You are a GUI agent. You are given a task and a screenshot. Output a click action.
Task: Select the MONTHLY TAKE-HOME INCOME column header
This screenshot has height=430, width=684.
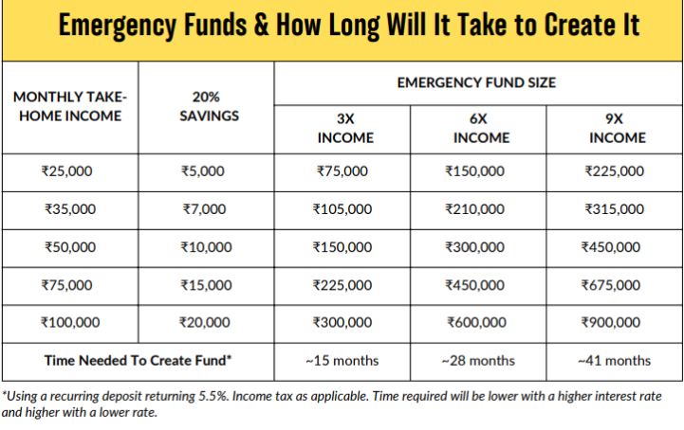(x=70, y=106)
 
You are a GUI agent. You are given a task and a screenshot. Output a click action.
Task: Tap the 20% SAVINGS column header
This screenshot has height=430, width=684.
(x=206, y=106)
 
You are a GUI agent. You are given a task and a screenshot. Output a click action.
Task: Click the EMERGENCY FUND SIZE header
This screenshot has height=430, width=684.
(x=477, y=83)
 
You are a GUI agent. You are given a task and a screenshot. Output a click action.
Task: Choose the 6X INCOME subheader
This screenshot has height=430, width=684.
(x=478, y=129)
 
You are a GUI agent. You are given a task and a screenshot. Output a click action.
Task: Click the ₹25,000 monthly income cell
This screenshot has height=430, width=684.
(x=69, y=171)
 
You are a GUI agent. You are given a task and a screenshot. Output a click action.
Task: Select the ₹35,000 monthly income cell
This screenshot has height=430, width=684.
(x=69, y=209)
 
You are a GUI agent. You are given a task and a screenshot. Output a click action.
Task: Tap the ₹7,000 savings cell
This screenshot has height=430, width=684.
(x=205, y=209)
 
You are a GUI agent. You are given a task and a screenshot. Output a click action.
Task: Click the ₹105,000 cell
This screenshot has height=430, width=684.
(x=342, y=209)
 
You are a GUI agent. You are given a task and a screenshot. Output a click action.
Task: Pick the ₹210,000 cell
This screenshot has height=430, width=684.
(x=478, y=209)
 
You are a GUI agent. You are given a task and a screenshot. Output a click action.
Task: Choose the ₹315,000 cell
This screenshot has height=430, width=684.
(x=614, y=209)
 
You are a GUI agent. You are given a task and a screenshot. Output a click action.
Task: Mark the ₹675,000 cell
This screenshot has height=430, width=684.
(x=614, y=285)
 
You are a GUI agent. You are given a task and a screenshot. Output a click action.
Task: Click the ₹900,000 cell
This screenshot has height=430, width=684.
(x=614, y=322)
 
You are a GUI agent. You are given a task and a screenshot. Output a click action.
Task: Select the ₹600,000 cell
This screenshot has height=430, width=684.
(x=478, y=322)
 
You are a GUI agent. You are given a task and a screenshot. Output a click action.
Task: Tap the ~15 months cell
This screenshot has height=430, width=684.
(x=342, y=360)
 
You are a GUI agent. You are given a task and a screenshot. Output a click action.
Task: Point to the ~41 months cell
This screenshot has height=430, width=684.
(x=614, y=360)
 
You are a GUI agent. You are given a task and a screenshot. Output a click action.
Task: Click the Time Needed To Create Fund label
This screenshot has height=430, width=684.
(x=138, y=360)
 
